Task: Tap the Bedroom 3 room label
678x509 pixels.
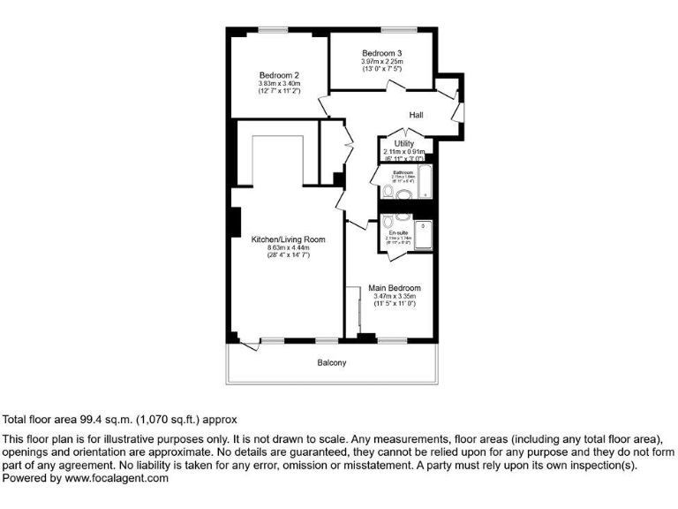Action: tap(381, 54)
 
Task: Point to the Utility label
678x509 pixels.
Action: tap(404, 143)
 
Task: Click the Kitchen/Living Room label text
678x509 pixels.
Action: tap(289, 239)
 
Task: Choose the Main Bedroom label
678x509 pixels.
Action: tap(395, 288)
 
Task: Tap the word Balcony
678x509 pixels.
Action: tap(332, 363)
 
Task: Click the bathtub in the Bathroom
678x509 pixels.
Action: tap(425, 182)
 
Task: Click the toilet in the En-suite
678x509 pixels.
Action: tap(403, 217)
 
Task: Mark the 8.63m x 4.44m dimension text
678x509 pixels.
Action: tap(289, 247)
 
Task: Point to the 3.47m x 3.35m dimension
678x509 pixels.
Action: tap(394, 296)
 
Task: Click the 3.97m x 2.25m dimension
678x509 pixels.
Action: tap(381, 62)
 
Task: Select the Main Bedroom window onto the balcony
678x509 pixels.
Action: tap(389, 338)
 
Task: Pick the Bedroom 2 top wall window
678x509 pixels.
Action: tap(274, 30)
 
